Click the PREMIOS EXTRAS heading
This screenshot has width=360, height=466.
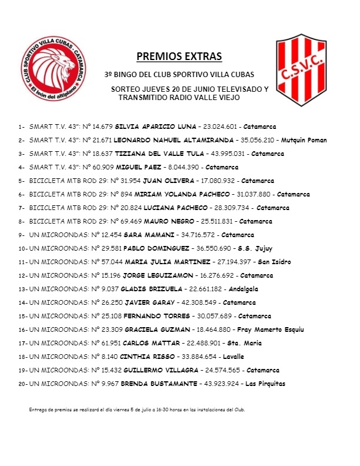click(x=179, y=57)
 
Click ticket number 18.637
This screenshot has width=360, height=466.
click(x=101, y=154)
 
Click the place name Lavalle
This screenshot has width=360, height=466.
click(x=229, y=357)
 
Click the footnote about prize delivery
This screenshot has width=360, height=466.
click(x=136, y=410)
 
